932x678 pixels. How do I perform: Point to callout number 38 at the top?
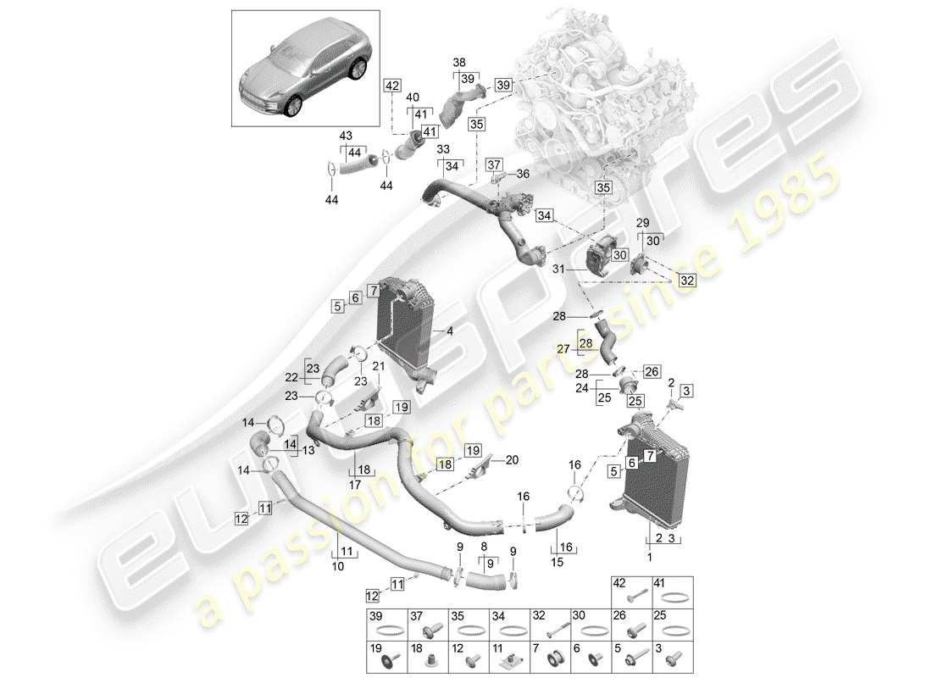(x=458, y=63)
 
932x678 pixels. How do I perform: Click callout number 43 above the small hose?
(x=347, y=135)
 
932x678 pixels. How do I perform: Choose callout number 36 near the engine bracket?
(x=523, y=174)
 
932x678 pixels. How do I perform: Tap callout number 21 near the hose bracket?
(x=378, y=366)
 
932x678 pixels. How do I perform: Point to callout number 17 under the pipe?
(x=354, y=486)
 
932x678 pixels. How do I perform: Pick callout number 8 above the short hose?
(x=485, y=547)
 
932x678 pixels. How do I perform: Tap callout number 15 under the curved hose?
(x=556, y=561)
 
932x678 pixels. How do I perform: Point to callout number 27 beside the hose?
(x=563, y=347)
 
